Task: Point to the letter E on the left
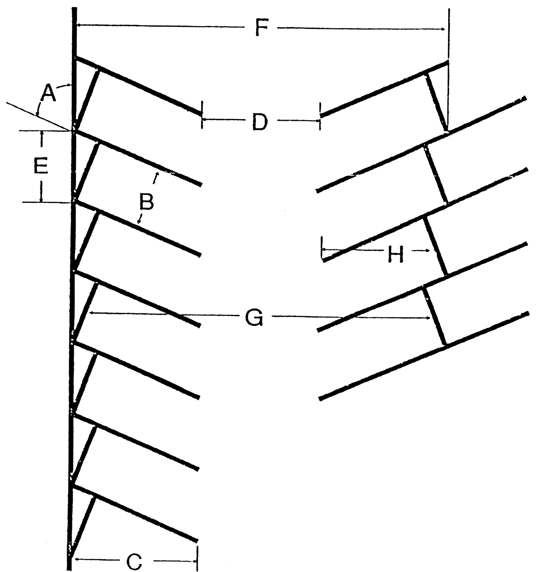[40, 165]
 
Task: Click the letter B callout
[147, 202]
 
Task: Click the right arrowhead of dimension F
[443, 29]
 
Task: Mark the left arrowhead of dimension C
[76, 560]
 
